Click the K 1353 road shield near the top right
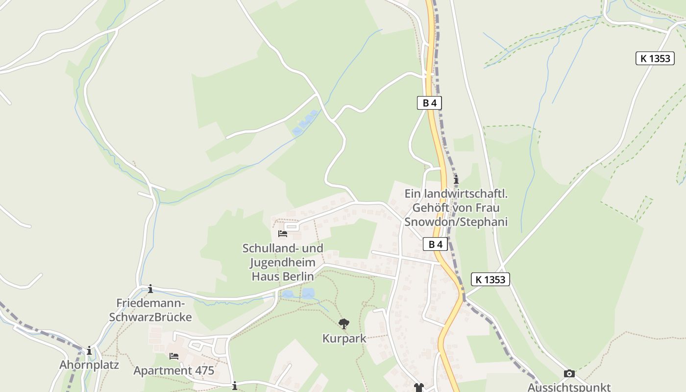tap(654, 58)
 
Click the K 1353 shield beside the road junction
tap(490, 279)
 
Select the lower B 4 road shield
tap(435, 244)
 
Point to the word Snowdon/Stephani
tap(456, 222)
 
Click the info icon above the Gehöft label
tap(456, 180)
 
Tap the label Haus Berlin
tap(283, 276)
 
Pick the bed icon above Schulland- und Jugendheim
tap(283, 233)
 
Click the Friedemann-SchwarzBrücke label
tap(150, 310)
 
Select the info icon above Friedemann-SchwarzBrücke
tap(150, 289)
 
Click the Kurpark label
tap(344, 339)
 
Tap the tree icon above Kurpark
tap(344, 323)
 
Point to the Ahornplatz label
tap(89, 365)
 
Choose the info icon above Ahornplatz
tap(89, 350)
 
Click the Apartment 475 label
tap(173, 370)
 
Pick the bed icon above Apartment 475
tap(173, 356)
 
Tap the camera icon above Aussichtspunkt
tap(569, 374)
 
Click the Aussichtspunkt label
tap(569, 387)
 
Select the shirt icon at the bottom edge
tap(418, 388)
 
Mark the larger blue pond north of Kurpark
tap(308, 294)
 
